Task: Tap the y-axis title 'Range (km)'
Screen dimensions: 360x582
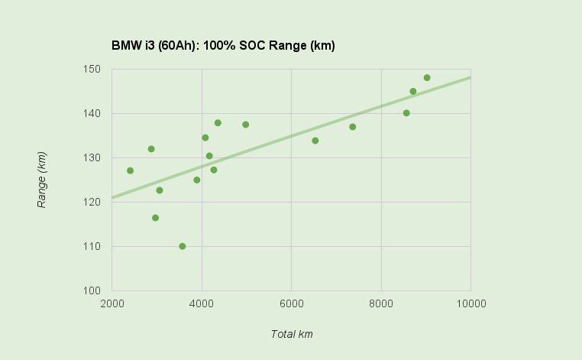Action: click(x=42, y=180)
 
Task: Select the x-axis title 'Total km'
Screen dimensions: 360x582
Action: click(x=291, y=334)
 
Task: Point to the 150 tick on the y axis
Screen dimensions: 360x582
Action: click(x=92, y=69)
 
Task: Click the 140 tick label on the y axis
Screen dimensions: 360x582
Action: click(x=92, y=113)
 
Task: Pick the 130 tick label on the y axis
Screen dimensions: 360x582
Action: click(x=92, y=157)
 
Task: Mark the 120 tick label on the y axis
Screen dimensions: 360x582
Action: click(x=92, y=202)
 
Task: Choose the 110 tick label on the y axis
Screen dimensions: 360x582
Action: click(x=92, y=246)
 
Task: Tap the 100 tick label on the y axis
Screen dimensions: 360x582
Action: click(x=92, y=290)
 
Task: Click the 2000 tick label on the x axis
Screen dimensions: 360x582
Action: click(x=112, y=303)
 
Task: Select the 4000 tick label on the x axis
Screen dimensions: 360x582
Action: click(x=202, y=303)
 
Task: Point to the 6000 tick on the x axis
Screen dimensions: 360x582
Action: click(x=291, y=303)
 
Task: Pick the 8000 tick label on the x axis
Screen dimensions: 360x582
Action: click(x=381, y=303)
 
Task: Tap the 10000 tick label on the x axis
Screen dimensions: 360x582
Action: click(x=470, y=303)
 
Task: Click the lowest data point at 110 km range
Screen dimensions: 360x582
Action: click(x=183, y=246)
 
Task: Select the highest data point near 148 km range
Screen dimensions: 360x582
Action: click(x=427, y=78)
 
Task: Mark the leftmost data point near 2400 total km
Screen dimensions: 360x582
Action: click(x=131, y=170)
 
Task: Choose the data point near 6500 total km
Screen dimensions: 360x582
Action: click(x=315, y=141)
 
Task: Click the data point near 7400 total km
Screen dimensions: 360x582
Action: click(x=353, y=127)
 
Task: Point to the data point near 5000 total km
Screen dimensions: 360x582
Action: click(x=246, y=125)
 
